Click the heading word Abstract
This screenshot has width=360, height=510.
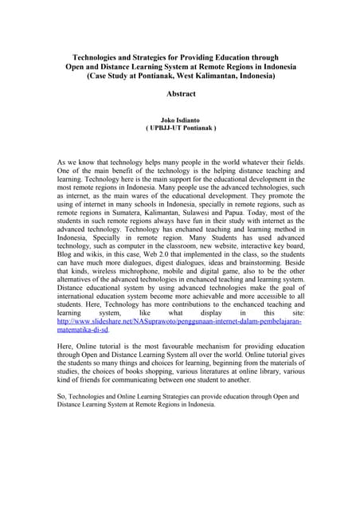click(x=179, y=93)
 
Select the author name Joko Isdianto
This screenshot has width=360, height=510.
click(x=180, y=119)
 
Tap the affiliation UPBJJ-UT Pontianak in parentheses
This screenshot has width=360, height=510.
click(x=180, y=127)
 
